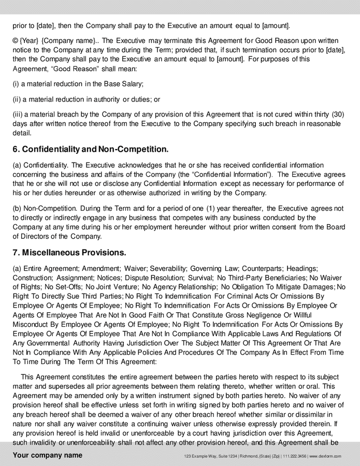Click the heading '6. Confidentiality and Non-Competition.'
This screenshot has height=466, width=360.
[91, 150]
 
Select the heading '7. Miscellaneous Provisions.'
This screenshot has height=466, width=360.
[69, 253]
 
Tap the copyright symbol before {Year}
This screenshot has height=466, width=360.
[16, 40]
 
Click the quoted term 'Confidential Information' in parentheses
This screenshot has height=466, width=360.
[226, 174]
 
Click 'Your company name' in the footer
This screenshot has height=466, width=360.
[47, 456]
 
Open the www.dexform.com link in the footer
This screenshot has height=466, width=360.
[325, 456]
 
